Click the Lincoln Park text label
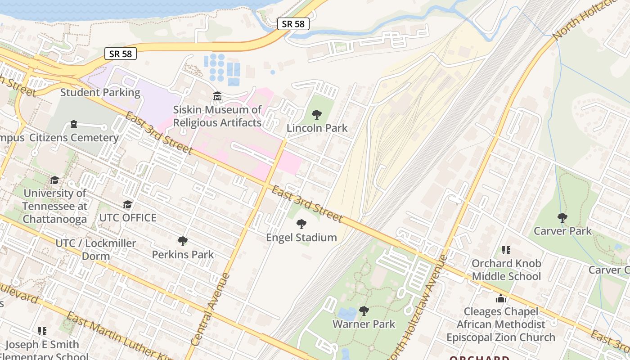coord(317,128)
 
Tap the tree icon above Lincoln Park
coord(317,115)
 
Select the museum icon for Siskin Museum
coord(217,96)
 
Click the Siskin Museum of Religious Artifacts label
coord(217,116)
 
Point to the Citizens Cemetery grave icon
coord(74,124)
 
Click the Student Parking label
coord(100,93)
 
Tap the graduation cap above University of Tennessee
coord(54,180)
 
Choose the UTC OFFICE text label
coord(128,218)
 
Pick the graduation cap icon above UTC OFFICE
coord(128,205)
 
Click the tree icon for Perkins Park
coord(182,241)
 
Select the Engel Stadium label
coord(301,238)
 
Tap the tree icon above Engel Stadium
coord(301,224)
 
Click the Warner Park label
coord(364,324)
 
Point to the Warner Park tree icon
coord(364,311)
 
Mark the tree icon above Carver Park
coord(562,218)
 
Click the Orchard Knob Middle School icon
coord(506,250)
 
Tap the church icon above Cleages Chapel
coord(500,298)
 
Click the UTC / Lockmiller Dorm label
coord(95,250)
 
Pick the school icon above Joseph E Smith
coord(42,331)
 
